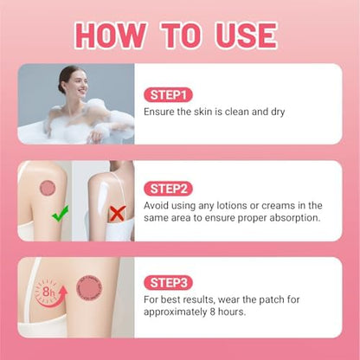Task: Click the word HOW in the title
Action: pos(112,35)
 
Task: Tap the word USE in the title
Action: pos(246,35)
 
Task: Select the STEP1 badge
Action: pos(168,95)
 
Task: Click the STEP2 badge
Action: pos(169,189)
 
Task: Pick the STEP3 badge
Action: pos(169,283)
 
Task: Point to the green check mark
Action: pos(60,213)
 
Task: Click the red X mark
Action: pos(118,214)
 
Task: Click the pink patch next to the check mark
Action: pos(48,188)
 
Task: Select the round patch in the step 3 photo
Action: pos(89,288)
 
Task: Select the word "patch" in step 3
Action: pos(270,299)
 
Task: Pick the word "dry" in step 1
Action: pos(278,112)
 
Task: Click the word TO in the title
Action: pos(181,35)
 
